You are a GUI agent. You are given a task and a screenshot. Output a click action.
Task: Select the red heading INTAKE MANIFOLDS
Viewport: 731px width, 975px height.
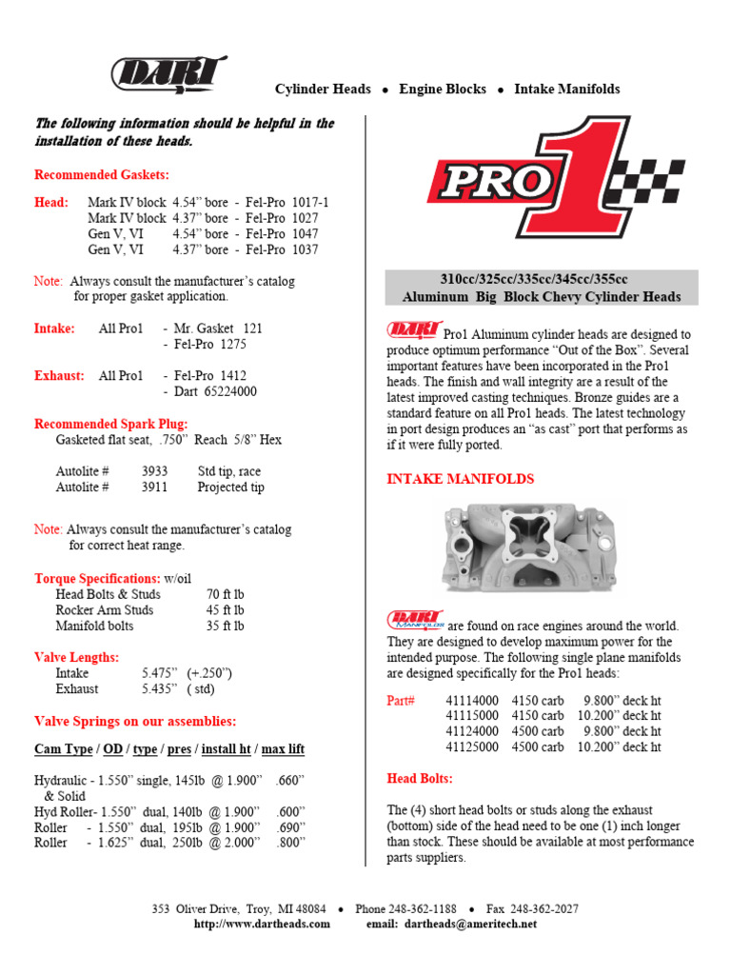pyautogui.click(x=460, y=479)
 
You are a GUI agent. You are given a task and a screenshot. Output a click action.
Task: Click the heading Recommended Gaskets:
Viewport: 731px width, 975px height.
pyautogui.click(x=102, y=175)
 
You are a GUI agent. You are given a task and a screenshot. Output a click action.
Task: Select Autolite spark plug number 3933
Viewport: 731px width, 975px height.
pyautogui.click(x=155, y=471)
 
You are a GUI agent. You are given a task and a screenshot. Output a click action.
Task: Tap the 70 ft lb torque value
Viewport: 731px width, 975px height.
pyautogui.click(x=225, y=594)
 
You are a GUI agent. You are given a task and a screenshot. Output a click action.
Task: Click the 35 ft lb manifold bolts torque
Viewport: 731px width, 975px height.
pyautogui.click(x=225, y=626)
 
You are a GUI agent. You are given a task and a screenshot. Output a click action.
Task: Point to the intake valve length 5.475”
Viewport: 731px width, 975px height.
pyautogui.click(x=160, y=672)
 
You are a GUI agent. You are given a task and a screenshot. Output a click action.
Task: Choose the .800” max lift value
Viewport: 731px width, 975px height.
pyautogui.click(x=289, y=843)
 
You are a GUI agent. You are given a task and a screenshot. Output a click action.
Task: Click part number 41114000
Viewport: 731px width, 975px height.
pyautogui.click(x=472, y=700)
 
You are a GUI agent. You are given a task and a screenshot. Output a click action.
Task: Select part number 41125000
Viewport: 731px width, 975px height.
pyautogui.click(x=472, y=747)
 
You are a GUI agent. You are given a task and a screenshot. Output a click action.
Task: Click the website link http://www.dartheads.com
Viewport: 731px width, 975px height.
pyautogui.click(x=262, y=924)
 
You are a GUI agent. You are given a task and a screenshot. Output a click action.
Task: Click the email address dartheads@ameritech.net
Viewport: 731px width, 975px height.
pyautogui.click(x=470, y=924)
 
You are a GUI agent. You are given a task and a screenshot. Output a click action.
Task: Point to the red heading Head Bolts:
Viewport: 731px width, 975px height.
pyautogui.click(x=420, y=778)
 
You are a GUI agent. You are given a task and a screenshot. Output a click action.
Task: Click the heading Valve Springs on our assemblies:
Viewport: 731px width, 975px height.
pyautogui.click(x=135, y=721)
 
